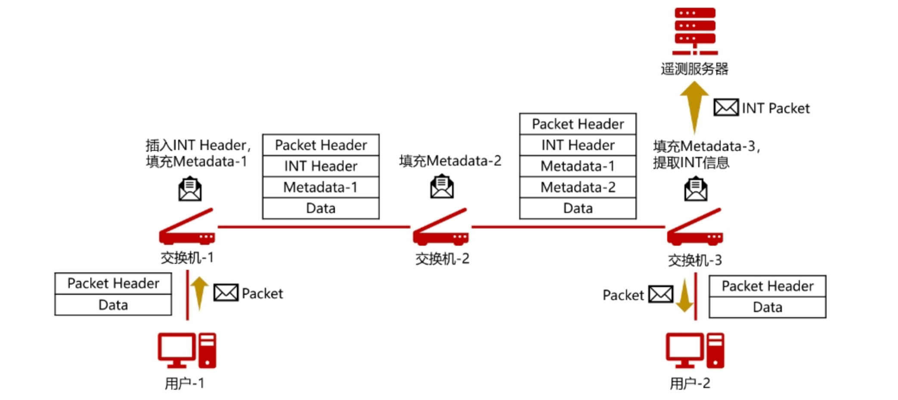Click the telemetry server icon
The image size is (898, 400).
(x=694, y=31)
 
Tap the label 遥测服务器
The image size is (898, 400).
(x=694, y=69)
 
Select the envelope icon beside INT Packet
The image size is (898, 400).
(x=726, y=107)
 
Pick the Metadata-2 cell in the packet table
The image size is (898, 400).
(x=578, y=187)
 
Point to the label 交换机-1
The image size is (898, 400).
(x=187, y=258)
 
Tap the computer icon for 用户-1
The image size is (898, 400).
(x=187, y=350)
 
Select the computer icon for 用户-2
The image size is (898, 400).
(x=694, y=350)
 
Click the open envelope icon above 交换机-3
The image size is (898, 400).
(x=696, y=189)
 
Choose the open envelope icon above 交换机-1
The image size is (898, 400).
(x=190, y=189)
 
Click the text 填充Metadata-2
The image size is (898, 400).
(x=450, y=161)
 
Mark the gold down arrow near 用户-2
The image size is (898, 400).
(x=684, y=295)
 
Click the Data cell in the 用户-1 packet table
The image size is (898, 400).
(x=113, y=305)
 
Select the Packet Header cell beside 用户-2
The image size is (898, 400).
(x=768, y=286)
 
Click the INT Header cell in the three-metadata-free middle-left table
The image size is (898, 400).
(x=321, y=166)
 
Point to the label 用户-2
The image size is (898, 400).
(x=690, y=383)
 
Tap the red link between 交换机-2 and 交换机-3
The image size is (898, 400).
(x=568, y=227)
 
